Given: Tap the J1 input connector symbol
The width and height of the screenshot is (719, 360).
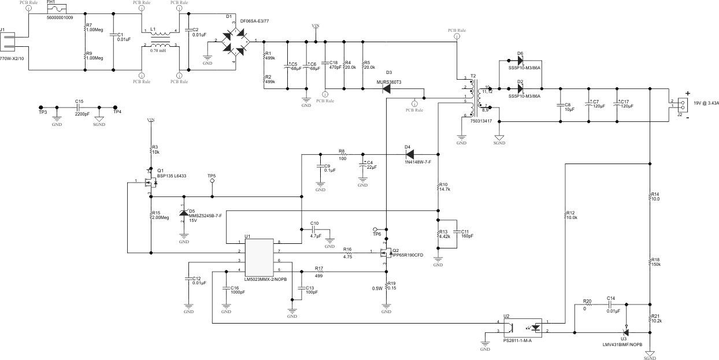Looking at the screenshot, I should point(8,41).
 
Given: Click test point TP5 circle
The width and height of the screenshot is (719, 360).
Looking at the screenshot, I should point(212,181).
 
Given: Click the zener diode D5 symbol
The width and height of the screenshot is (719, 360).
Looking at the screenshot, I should point(184,213).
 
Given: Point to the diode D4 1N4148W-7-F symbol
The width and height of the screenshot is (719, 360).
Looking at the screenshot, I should point(408,154).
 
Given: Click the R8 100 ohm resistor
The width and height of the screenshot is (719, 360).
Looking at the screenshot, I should point(342,154).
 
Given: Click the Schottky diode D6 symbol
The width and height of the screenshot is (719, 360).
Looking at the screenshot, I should point(520,60).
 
